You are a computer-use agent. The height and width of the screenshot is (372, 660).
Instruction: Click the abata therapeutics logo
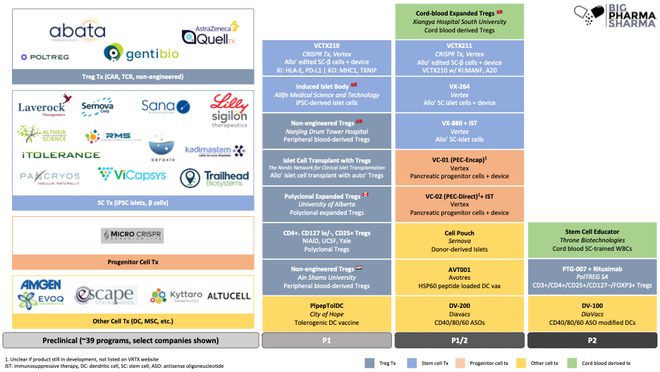point(77,32)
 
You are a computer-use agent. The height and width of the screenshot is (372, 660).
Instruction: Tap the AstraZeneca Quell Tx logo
point(210,33)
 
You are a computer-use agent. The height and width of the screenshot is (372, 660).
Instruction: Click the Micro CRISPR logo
point(133,235)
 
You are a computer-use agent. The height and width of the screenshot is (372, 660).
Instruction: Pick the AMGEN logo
point(40,285)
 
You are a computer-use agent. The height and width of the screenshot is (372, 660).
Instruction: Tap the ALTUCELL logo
point(227,297)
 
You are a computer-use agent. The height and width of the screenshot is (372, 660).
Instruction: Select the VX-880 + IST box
point(460,130)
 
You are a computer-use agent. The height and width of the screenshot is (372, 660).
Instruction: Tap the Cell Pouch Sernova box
point(460,239)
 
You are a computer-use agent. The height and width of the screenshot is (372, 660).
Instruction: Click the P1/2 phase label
point(460,340)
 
